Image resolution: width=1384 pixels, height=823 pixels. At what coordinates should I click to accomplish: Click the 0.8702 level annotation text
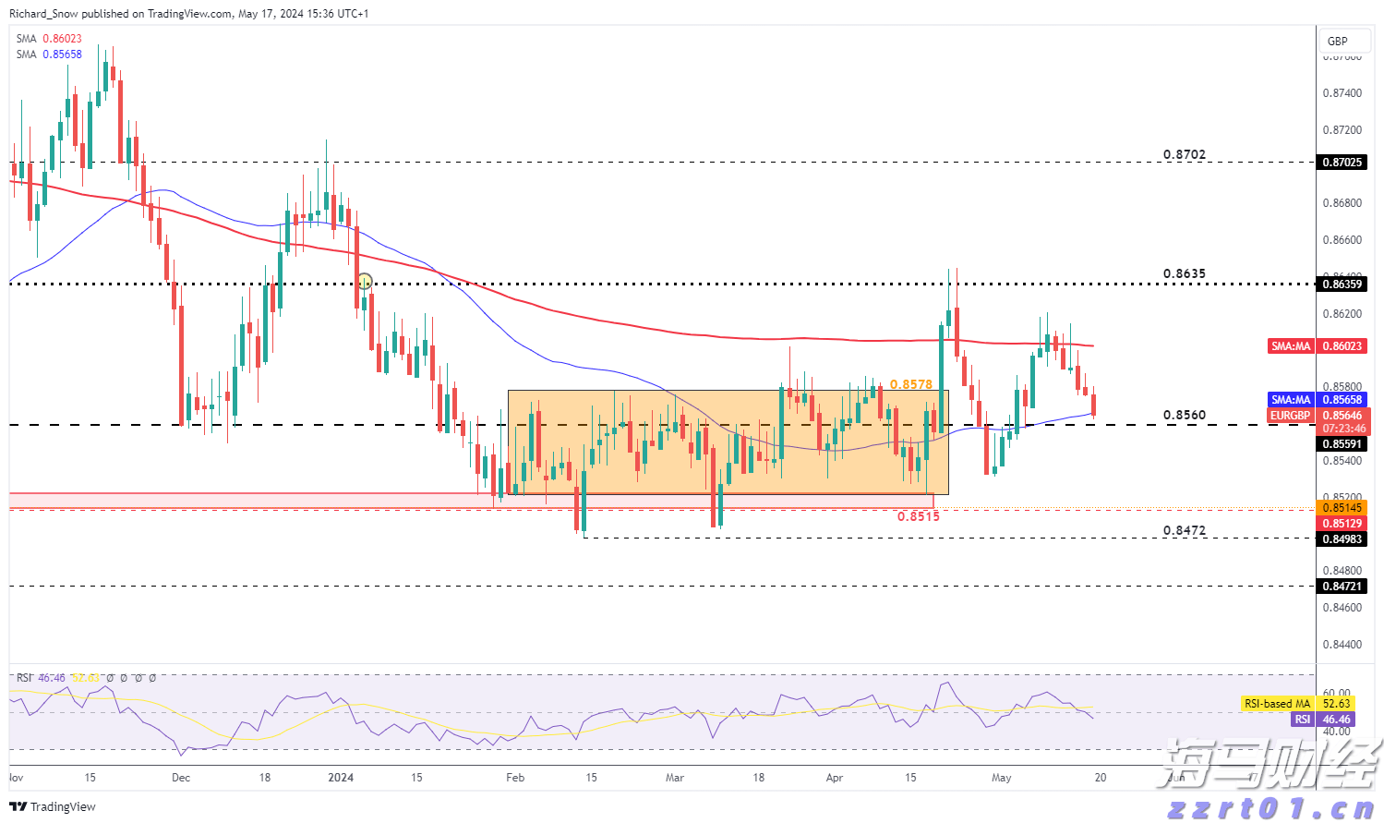tap(1184, 155)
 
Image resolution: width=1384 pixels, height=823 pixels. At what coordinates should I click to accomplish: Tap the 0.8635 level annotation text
tap(1184, 274)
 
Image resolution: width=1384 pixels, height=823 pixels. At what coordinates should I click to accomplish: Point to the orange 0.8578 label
tap(910, 384)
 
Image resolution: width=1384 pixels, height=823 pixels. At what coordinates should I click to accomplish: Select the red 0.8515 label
tap(918, 516)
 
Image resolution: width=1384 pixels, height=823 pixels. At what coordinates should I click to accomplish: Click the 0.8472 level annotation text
tap(1184, 531)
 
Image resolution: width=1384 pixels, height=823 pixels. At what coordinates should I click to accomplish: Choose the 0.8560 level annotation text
tap(1184, 416)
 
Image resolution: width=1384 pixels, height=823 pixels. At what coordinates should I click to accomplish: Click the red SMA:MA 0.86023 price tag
tap(1316, 346)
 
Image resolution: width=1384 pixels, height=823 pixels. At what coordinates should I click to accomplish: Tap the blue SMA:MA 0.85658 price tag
tap(1316, 400)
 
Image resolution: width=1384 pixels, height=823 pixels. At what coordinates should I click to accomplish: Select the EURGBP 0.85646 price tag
tap(1316, 416)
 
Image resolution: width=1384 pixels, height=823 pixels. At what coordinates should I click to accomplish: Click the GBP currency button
tap(1337, 41)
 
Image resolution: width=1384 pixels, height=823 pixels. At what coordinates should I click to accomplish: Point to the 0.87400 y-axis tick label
tap(1342, 93)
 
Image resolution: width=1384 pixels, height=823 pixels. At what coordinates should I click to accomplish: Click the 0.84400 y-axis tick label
tap(1342, 645)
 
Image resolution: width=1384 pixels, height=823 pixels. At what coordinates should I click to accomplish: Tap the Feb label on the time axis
tap(515, 778)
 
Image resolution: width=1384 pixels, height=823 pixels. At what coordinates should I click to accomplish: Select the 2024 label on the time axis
tap(341, 778)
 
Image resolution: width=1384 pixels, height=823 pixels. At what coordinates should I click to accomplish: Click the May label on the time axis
tap(1001, 778)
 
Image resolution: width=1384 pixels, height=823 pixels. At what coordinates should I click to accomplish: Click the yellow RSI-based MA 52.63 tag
tap(1297, 704)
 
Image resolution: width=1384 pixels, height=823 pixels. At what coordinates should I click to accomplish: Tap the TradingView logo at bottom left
tap(53, 806)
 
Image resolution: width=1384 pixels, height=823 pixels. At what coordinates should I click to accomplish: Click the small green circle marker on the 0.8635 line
tap(365, 281)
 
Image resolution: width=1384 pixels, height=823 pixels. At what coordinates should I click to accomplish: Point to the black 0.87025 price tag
tap(1342, 163)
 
